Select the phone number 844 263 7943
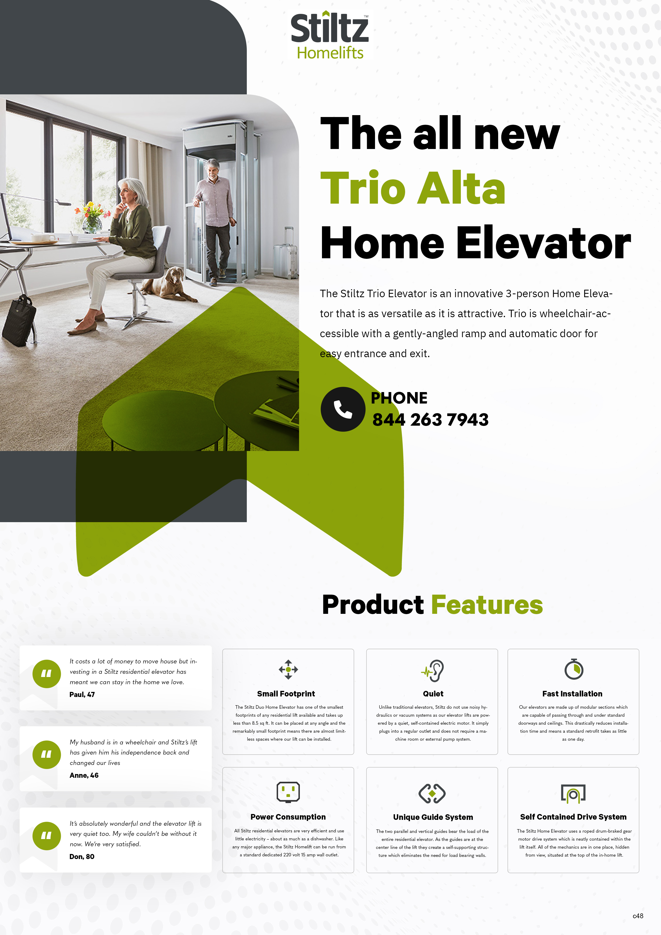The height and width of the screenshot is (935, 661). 430,420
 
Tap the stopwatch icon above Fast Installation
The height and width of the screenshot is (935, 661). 573,669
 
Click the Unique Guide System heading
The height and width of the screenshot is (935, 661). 433,817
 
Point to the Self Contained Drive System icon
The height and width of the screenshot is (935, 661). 573,793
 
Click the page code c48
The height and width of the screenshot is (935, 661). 638,916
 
